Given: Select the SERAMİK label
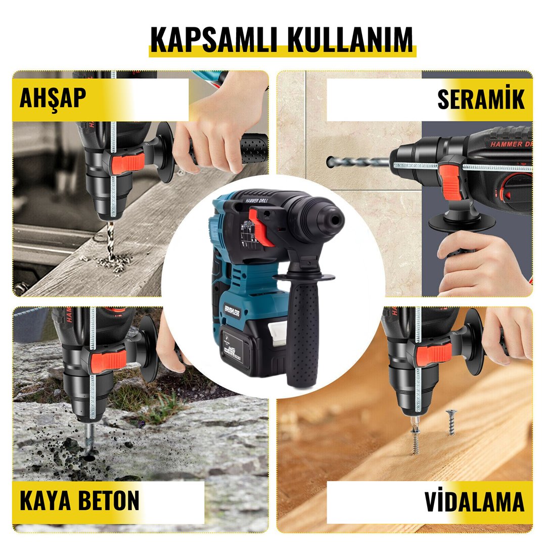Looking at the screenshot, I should [481, 100].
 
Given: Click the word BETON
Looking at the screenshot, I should [109, 500].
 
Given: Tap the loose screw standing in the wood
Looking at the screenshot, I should [450, 422].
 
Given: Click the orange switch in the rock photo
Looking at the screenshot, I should [107, 360].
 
